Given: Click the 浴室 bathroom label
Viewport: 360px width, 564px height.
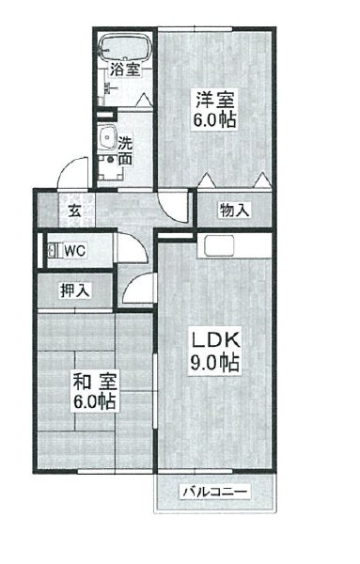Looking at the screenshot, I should (125, 69).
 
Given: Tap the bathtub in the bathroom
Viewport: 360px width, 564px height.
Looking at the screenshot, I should (125, 46).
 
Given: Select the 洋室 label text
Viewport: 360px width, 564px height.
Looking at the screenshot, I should (215, 98).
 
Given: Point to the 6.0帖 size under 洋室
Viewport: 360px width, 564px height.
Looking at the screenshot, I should (215, 120).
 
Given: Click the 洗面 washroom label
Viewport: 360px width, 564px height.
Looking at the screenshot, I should (125, 152).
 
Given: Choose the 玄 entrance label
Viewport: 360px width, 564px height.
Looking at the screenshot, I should (74, 210).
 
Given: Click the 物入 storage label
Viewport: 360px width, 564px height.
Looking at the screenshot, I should (234, 210).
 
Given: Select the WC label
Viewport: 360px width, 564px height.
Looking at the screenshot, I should (76, 251).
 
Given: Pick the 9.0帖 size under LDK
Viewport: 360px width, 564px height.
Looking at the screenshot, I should (214, 364).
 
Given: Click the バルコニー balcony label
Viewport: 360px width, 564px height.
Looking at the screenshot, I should (214, 492).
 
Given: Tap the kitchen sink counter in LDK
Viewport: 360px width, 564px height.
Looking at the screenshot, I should (218, 248).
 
